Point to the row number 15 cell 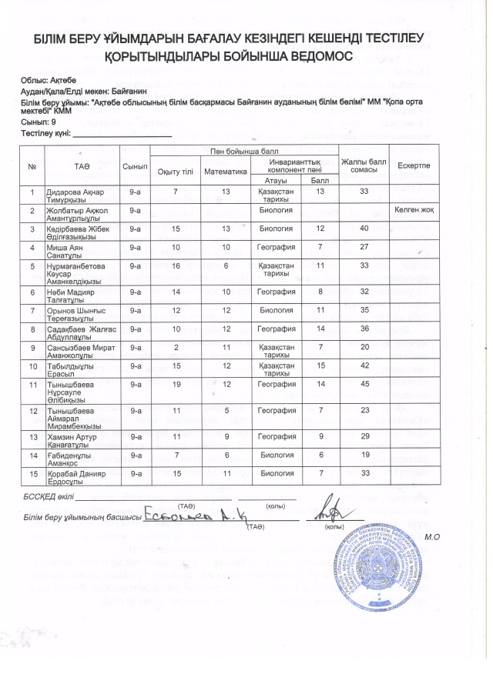[x=32, y=475]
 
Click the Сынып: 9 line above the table [x=38, y=122]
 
